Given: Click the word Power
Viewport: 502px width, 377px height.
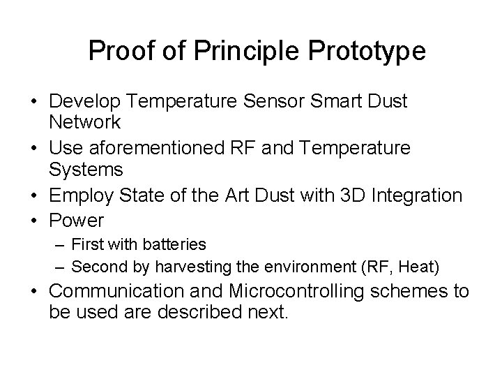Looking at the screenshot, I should [76, 221].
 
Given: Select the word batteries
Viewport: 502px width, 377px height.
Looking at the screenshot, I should [174, 244].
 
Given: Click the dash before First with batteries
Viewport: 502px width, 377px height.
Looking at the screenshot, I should [60, 245].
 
